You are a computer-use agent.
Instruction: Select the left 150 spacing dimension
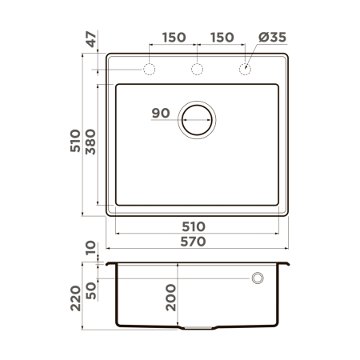point(174,38)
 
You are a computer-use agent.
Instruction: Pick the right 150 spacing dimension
point(223,38)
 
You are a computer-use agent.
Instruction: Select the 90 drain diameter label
point(161,113)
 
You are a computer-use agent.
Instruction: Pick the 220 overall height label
point(75,298)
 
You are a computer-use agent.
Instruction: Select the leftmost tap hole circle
point(149,70)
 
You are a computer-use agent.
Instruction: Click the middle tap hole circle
point(198,70)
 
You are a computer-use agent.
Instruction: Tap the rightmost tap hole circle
point(246,70)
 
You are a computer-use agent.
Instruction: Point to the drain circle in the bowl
point(198,121)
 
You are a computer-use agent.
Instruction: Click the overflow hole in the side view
point(258,278)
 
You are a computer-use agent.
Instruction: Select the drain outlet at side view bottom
point(198,328)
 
